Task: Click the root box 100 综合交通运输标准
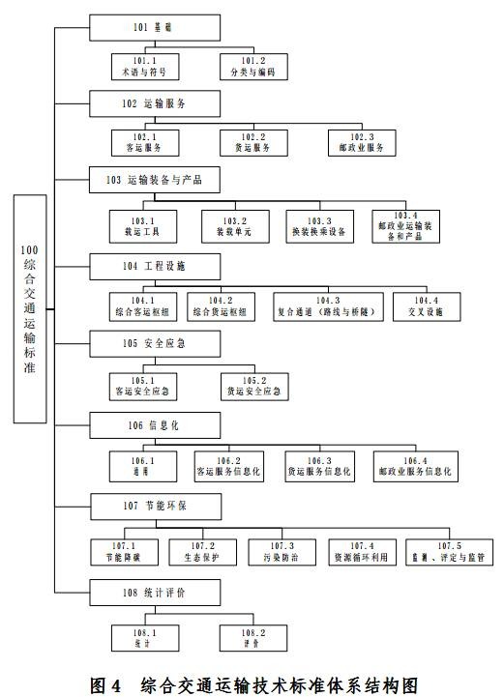pos(30,308)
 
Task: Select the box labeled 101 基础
pos(155,28)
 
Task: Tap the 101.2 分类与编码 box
pos(253,67)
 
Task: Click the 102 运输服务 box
pos(155,103)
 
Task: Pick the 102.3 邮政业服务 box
pos(362,143)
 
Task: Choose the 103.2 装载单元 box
pos(235,227)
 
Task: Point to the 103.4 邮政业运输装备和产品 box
pos(405,227)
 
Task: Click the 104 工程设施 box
pos(155,267)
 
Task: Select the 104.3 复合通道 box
pos(328,306)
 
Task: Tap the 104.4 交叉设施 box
pos(427,306)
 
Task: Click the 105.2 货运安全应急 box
pos(254,387)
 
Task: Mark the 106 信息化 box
pos(155,425)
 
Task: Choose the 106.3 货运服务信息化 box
pos(320,467)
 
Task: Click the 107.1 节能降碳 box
pos(125,552)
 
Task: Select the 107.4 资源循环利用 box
pos(362,552)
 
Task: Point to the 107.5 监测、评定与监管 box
pos(449,552)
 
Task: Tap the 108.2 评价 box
pos(253,638)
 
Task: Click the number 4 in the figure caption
pos(116,685)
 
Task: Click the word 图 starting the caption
pos(98,685)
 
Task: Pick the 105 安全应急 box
pos(155,343)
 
